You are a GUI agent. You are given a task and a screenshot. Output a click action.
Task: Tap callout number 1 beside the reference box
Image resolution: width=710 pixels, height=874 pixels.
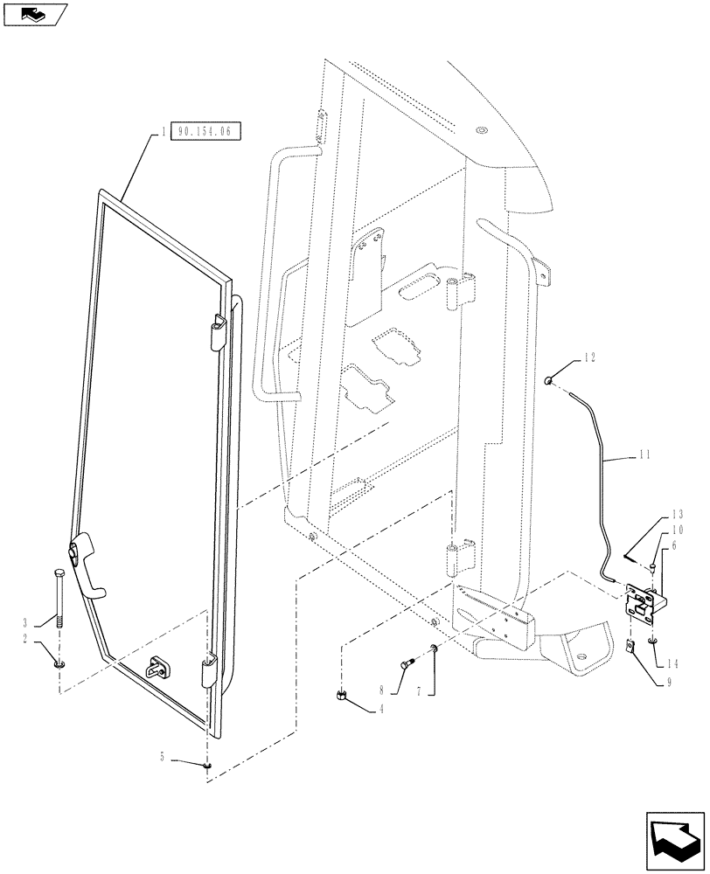pos(163,132)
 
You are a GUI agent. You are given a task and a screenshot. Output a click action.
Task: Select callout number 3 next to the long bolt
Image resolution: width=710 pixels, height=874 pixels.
pos(25,621)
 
